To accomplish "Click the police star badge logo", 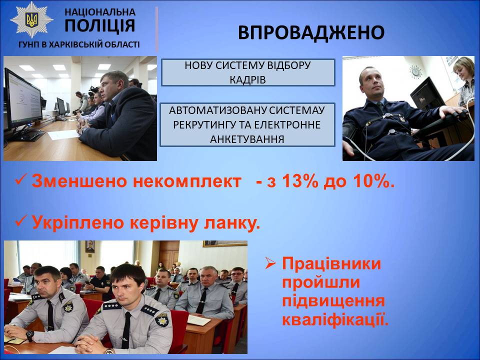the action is pyautogui.click(x=31, y=20).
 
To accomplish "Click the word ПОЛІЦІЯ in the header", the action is pyautogui.click(x=100, y=25).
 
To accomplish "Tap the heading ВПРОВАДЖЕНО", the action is pyautogui.click(x=311, y=32).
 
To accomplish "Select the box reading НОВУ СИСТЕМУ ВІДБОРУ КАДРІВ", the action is pyautogui.click(x=248, y=72).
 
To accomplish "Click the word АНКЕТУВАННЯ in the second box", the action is pyautogui.click(x=247, y=139).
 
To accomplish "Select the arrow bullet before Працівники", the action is pyautogui.click(x=270, y=263).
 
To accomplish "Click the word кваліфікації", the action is pyautogui.click(x=335, y=320).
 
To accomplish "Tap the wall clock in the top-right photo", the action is pyautogui.click(x=415, y=71).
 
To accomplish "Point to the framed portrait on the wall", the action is pyautogui.click(x=90, y=246).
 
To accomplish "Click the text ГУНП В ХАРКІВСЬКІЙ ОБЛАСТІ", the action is pyautogui.click(x=79, y=44).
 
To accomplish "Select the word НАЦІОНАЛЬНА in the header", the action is pyautogui.click(x=100, y=12).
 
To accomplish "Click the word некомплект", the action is pyautogui.click(x=186, y=181).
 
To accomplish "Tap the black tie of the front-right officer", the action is pyautogui.click(x=126, y=330).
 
